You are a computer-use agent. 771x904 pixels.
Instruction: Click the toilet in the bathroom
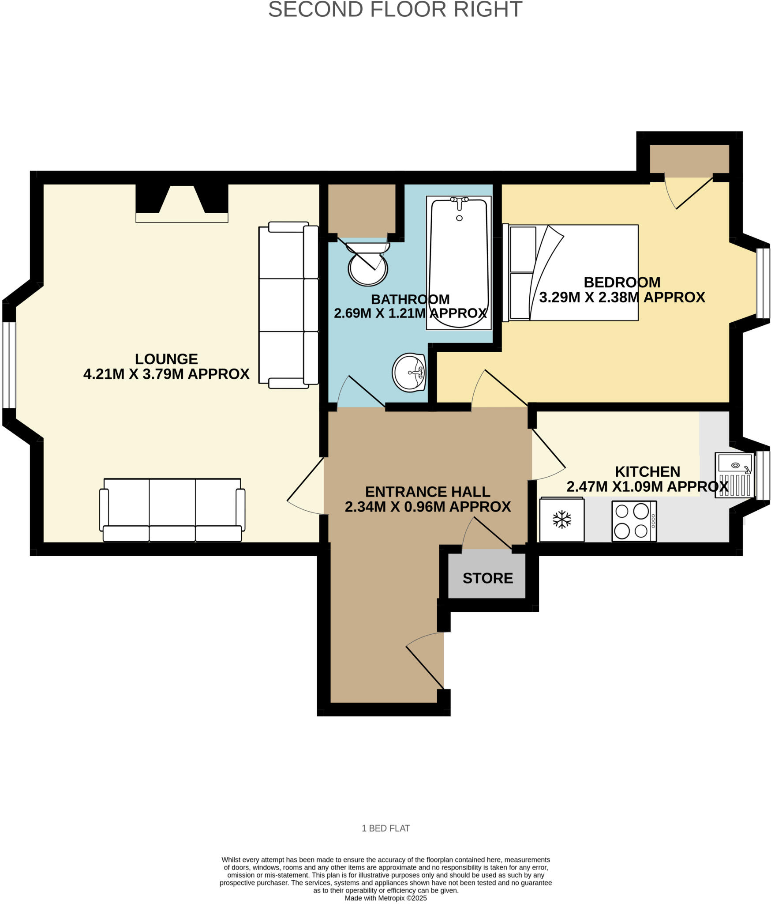(x=367, y=265)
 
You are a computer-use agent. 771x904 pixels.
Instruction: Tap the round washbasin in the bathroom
(x=409, y=372)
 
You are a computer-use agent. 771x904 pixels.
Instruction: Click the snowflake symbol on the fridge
(x=561, y=519)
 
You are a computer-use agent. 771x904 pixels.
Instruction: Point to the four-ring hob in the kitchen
(x=634, y=521)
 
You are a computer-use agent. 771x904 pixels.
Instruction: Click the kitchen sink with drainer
(x=734, y=475)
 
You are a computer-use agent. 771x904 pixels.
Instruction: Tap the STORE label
(x=487, y=578)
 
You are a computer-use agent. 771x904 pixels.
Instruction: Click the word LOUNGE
(x=166, y=359)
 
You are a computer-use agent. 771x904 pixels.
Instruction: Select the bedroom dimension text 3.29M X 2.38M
(x=622, y=298)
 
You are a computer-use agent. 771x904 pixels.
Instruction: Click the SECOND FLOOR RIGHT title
(x=395, y=10)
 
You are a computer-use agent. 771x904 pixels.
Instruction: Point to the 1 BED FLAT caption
(x=385, y=828)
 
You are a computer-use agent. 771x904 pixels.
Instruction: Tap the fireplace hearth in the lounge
(x=182, y=217)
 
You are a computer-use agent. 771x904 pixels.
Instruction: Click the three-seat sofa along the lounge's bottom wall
(x=172, y=510)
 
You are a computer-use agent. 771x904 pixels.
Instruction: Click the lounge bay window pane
(x=9, y=365)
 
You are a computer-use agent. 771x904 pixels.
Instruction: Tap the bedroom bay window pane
(x=763, y=283)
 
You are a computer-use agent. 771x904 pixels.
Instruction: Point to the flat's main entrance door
(x=423, y=662)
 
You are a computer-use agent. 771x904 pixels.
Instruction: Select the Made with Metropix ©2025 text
(x=385, y=898)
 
